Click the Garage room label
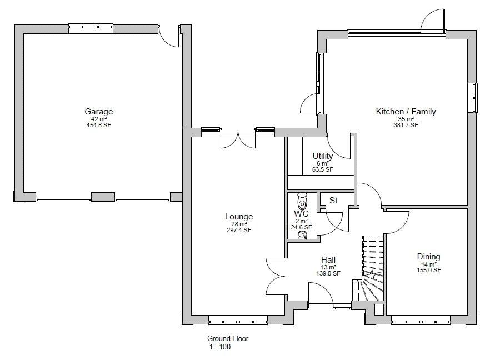(x=98, y=112)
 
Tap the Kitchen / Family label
(x=406, y=112)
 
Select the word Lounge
(x=239, y=217)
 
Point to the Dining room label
(x=428, y=257)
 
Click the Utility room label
(x=323, y=156)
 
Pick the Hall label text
(x=328, y=260)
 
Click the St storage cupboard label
(x=333, y=200)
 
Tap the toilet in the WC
(x=302, y=199)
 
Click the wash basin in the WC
(x=303, y=235)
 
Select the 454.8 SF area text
(x=98, y=125)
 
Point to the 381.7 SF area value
(x=406, y=125)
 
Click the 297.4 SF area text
(x=239, y=230)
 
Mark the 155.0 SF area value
(x=428, y=271)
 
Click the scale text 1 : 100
(x=219, y=347)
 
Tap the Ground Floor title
(x=228, y=338)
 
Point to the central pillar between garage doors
(x=103, y=197)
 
